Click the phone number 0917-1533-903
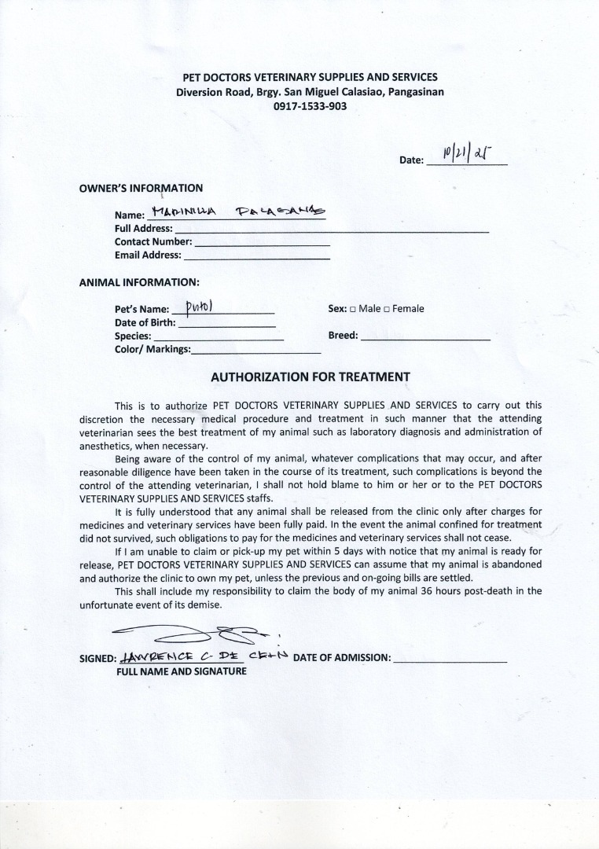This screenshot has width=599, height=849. (x=310, y=106)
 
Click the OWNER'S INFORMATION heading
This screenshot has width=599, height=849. (x=141, y=189)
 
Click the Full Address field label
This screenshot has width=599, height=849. (x=143, y=229)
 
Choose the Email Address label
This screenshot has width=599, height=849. (x=148, y=255)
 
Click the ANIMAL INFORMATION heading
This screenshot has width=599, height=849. (x=139, y=282)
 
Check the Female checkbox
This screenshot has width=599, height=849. (x=387, y=309)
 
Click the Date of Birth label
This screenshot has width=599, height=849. (x=145, y=322)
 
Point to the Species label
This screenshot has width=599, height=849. (x=133, y=336)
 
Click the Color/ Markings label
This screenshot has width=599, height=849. (x=153, y=349)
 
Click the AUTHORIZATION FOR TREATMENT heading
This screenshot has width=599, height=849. (x=311, y=377)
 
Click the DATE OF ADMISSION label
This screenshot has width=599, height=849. (x=342, y=658)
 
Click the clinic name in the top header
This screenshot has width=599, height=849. (x=310, y=77)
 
